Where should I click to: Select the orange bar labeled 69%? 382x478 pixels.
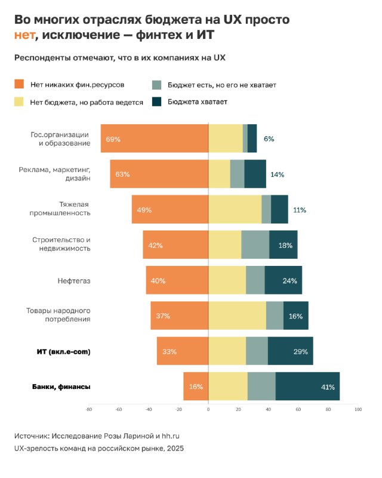coord(154,139)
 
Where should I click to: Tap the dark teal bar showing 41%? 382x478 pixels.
coord(307,387)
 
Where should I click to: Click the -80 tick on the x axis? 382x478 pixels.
coord(89,410)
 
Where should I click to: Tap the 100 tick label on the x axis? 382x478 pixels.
coord(358,410)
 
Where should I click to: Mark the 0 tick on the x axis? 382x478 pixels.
coord(208,410)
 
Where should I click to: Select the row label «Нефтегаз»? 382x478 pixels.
coord(74,281)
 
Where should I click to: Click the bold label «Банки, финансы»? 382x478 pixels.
coord(61,387)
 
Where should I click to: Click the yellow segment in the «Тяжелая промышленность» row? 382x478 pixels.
coord(235,210)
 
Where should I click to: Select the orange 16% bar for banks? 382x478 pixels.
coord(196,387)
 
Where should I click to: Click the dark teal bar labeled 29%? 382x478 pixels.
coord(290,351)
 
